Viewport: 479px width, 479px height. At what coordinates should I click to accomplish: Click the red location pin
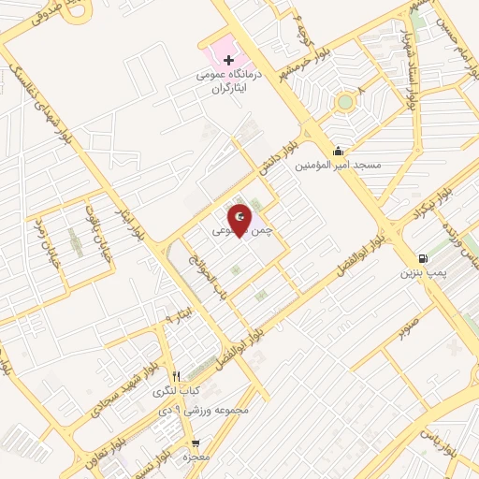tap(239, 219)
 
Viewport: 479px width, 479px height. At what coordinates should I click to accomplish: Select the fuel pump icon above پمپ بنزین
tap(425, 259)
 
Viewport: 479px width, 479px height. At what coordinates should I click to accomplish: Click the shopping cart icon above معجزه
tap(195, 443)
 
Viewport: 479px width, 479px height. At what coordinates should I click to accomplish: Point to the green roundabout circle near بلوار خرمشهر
tap(345, 101)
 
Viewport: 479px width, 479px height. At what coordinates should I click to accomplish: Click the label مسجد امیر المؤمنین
tap(338, 166)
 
